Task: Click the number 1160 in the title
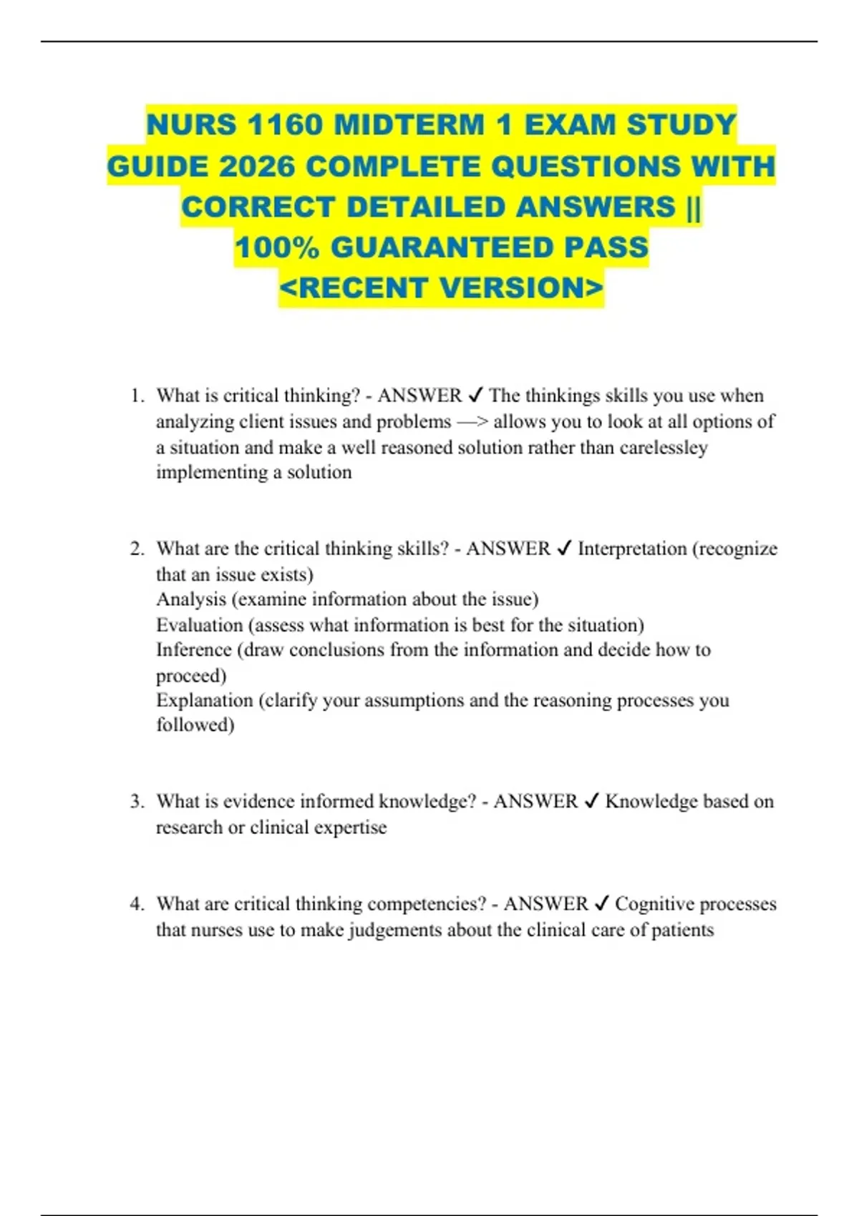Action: click(x=285, y=125)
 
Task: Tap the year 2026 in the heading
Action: click(x=257, y=167)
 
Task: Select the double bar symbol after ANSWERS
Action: click(x=693, y=207)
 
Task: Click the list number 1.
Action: click(x=137, y=396)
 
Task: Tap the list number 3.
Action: click(x=137, y=802)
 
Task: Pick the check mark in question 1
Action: click(x=475, y=396)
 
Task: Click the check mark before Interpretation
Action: click(x=563, y=549)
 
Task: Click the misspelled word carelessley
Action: click(x=664, y=448)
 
